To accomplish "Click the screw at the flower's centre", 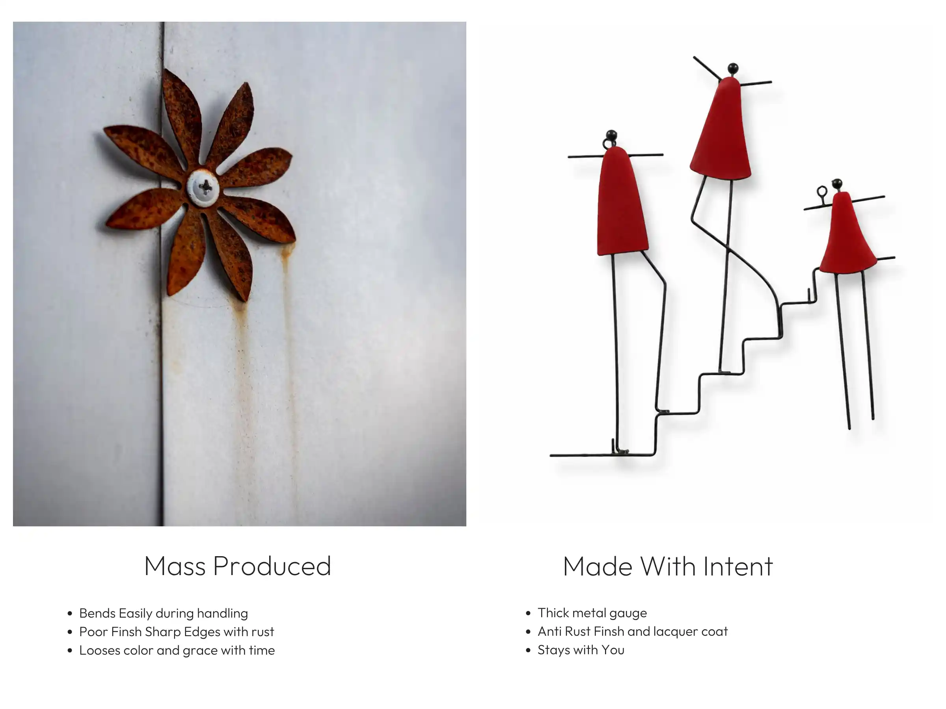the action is coord(203,188).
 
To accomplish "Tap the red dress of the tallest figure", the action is coord(721,128).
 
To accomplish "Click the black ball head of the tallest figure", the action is coord(733,68).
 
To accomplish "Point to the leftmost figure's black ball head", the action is coord(612,135).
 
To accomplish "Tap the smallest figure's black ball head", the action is coord(837,184).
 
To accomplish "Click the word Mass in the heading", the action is coord(175,566).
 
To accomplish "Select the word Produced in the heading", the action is coord(272,566).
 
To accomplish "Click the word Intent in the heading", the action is coord(738,566).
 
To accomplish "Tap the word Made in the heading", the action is coord(598,566).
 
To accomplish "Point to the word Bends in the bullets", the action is coord(97,613).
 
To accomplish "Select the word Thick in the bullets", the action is coord(553,613).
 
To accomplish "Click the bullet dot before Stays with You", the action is coord(528,650).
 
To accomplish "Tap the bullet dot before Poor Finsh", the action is coord(70,632).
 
